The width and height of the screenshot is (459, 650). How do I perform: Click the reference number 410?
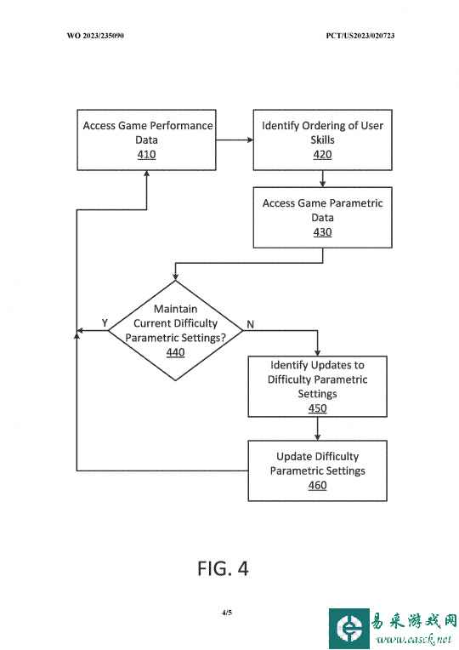[147, 155]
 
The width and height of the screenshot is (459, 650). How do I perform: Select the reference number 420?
[322, 155]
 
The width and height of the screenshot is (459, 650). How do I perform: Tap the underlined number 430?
[322, 232]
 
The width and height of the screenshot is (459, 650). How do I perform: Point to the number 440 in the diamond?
[175, 352]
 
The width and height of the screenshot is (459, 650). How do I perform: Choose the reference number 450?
[317, 408]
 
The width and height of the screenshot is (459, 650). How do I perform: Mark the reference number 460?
[317, 486]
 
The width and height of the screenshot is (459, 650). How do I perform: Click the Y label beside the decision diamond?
[105, 323]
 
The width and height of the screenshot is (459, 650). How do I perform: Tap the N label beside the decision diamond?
[250, 324]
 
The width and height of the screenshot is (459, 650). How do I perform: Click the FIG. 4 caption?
[223, 568]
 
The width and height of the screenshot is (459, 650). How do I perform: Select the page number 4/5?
[227, 613]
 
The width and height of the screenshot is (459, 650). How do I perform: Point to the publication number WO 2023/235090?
[95, 36]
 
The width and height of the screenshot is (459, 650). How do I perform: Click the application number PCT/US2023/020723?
[360, 36]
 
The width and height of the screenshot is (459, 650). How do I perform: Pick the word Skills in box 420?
[322, 140]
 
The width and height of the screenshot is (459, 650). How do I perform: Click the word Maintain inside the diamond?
[175, 309]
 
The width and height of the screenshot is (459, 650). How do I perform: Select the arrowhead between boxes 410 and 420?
[250, 140]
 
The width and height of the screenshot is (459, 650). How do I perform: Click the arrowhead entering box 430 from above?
[323, 184]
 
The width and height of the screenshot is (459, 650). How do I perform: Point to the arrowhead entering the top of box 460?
[317, 437]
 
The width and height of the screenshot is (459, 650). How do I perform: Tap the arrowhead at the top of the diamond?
[175, 277]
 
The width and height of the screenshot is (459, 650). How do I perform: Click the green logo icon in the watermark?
[348, 629]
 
